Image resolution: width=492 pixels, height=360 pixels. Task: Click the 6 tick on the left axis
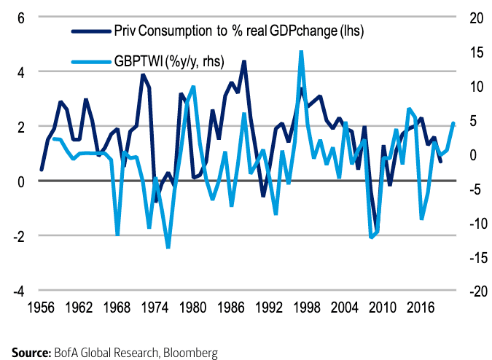(22, 17)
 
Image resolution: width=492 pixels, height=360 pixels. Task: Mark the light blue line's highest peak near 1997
(301, 52)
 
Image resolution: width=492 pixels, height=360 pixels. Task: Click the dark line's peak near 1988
(243, 62)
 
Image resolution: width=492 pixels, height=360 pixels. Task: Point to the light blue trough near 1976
(168, 248)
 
